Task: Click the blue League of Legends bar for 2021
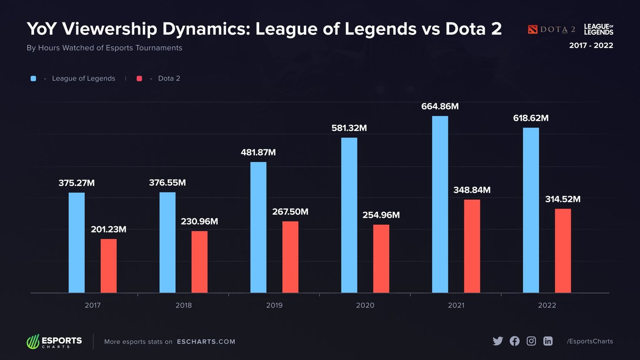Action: [440, 204]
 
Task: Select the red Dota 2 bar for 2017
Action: [109, 266]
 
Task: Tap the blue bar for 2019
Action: [258, 227]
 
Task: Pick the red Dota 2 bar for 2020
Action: [381, 259]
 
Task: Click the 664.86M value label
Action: [440, 107]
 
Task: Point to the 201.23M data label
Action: [109, 230]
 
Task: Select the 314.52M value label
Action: [563, 199]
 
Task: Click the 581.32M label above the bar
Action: [349, 128]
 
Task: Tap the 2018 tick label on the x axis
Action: [183, 305]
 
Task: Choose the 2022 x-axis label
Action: [547, 305]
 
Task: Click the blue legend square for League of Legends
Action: [33, 79]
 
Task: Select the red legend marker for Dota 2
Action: [139, 79]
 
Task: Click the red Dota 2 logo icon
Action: [533, 30]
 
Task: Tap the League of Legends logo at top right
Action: [598, 30]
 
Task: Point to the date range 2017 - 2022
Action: [591, 46]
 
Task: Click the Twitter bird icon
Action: [498, 341]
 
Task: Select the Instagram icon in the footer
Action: [531, 341]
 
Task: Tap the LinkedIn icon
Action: [548, 341]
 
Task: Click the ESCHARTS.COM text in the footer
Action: [206, 342]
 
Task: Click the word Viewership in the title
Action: [110, 29]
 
